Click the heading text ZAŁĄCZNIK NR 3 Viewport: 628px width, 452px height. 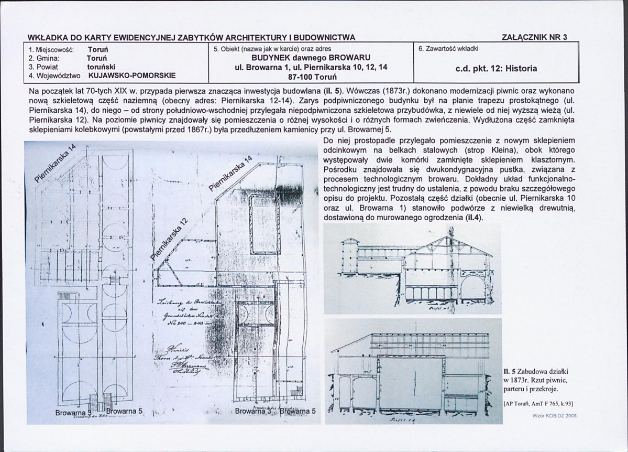coord(534,37)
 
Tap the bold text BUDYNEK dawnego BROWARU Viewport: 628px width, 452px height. coord(311,57)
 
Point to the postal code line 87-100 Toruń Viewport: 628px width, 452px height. coord(311,76)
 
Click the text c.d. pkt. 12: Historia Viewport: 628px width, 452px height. coord(497,68)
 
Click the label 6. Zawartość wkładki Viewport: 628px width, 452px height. coord(446,49)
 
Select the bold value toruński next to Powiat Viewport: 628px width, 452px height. coord(101,67)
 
